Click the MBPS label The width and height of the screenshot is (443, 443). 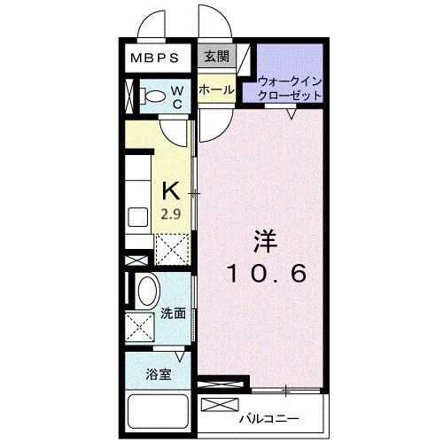[x=156, y=58]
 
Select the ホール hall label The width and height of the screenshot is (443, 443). [x=216, y=89]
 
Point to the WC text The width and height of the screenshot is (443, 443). [x=177, y=97]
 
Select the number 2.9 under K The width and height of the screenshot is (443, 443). [x=171, y=214]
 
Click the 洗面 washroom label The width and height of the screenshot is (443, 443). [x=173, y=314]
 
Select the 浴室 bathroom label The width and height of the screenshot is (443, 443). [x=159, y=374]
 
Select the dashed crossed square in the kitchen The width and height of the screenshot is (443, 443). [x=172, y=249]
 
